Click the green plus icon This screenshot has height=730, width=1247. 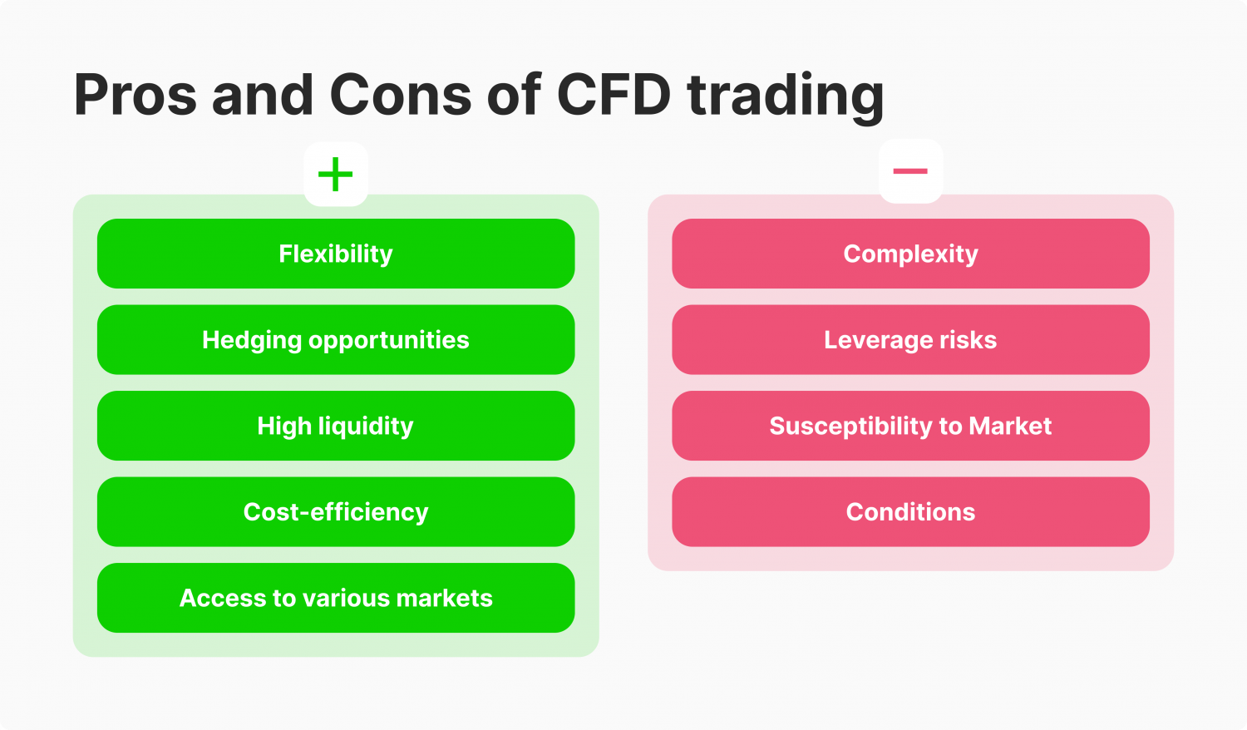point(336,175)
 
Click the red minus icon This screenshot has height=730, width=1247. point(910,171)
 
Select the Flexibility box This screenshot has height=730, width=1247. point(336,254)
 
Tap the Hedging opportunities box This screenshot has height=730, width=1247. point(336,340)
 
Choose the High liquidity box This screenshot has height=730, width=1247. point(336,426)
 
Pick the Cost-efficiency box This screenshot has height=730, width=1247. point(336,512)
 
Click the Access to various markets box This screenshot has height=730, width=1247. point(336,598)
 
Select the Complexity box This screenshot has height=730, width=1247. point(910,254)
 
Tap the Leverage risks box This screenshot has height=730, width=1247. point(910,340)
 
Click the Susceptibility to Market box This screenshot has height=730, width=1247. point(910,426)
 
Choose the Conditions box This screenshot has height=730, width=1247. point(910,512)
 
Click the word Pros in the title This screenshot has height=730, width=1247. point(136,95)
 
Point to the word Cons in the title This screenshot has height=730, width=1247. point(401,95)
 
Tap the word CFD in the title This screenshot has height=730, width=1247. point(614,95)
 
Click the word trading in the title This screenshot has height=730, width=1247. point(786,96)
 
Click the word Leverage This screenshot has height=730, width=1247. point(873,341)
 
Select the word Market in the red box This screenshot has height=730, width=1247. point(1010,426)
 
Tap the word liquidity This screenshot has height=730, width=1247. point(365,427)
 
